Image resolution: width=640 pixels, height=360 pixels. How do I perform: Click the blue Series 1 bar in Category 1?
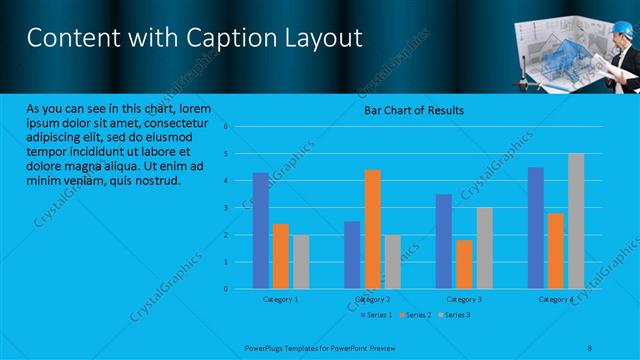(x=260, y=230)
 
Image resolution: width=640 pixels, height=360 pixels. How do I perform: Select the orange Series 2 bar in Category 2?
(x=372, y=229)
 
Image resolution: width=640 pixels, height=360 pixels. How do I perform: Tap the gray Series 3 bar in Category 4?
(x=575, y=221)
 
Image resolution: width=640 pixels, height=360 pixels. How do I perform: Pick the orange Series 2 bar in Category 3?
(x=464, y=264)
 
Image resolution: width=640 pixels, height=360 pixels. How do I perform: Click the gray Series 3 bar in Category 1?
(x=300, y=262)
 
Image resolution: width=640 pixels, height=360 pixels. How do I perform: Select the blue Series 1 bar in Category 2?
(x=352, y=255)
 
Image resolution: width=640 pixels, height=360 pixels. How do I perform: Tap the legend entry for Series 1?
(x=378, y=315)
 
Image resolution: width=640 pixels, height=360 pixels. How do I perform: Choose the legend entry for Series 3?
(x=456, y=315)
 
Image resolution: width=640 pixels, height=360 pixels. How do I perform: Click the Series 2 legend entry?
(x=417, y=315)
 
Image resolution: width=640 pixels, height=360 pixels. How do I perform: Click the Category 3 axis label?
(x=463, y=299)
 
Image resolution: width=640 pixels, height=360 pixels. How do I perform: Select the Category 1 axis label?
(x=280, y=299)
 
